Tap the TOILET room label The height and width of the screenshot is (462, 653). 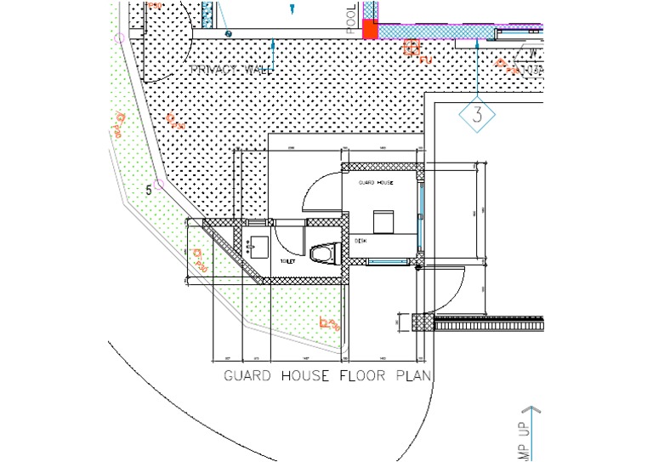pyautogui.click(x=287, y=261)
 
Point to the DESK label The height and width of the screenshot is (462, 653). pyautogui.click(x=360, y=241)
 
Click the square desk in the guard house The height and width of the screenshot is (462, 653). pyautogui.click(x=383, y=220)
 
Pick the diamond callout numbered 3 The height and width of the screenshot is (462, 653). pyautogui.click(x=477, y=115)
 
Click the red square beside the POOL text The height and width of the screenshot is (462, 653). pyautogui.click(x=370, y=30)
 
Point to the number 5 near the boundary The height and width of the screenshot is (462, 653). pyautogui.click(x=149, y=189)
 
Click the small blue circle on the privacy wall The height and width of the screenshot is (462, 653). pyautogui.click(x=228, y=33)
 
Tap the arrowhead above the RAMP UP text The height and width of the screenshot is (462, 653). pyautogui.click(x=531, y=410)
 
